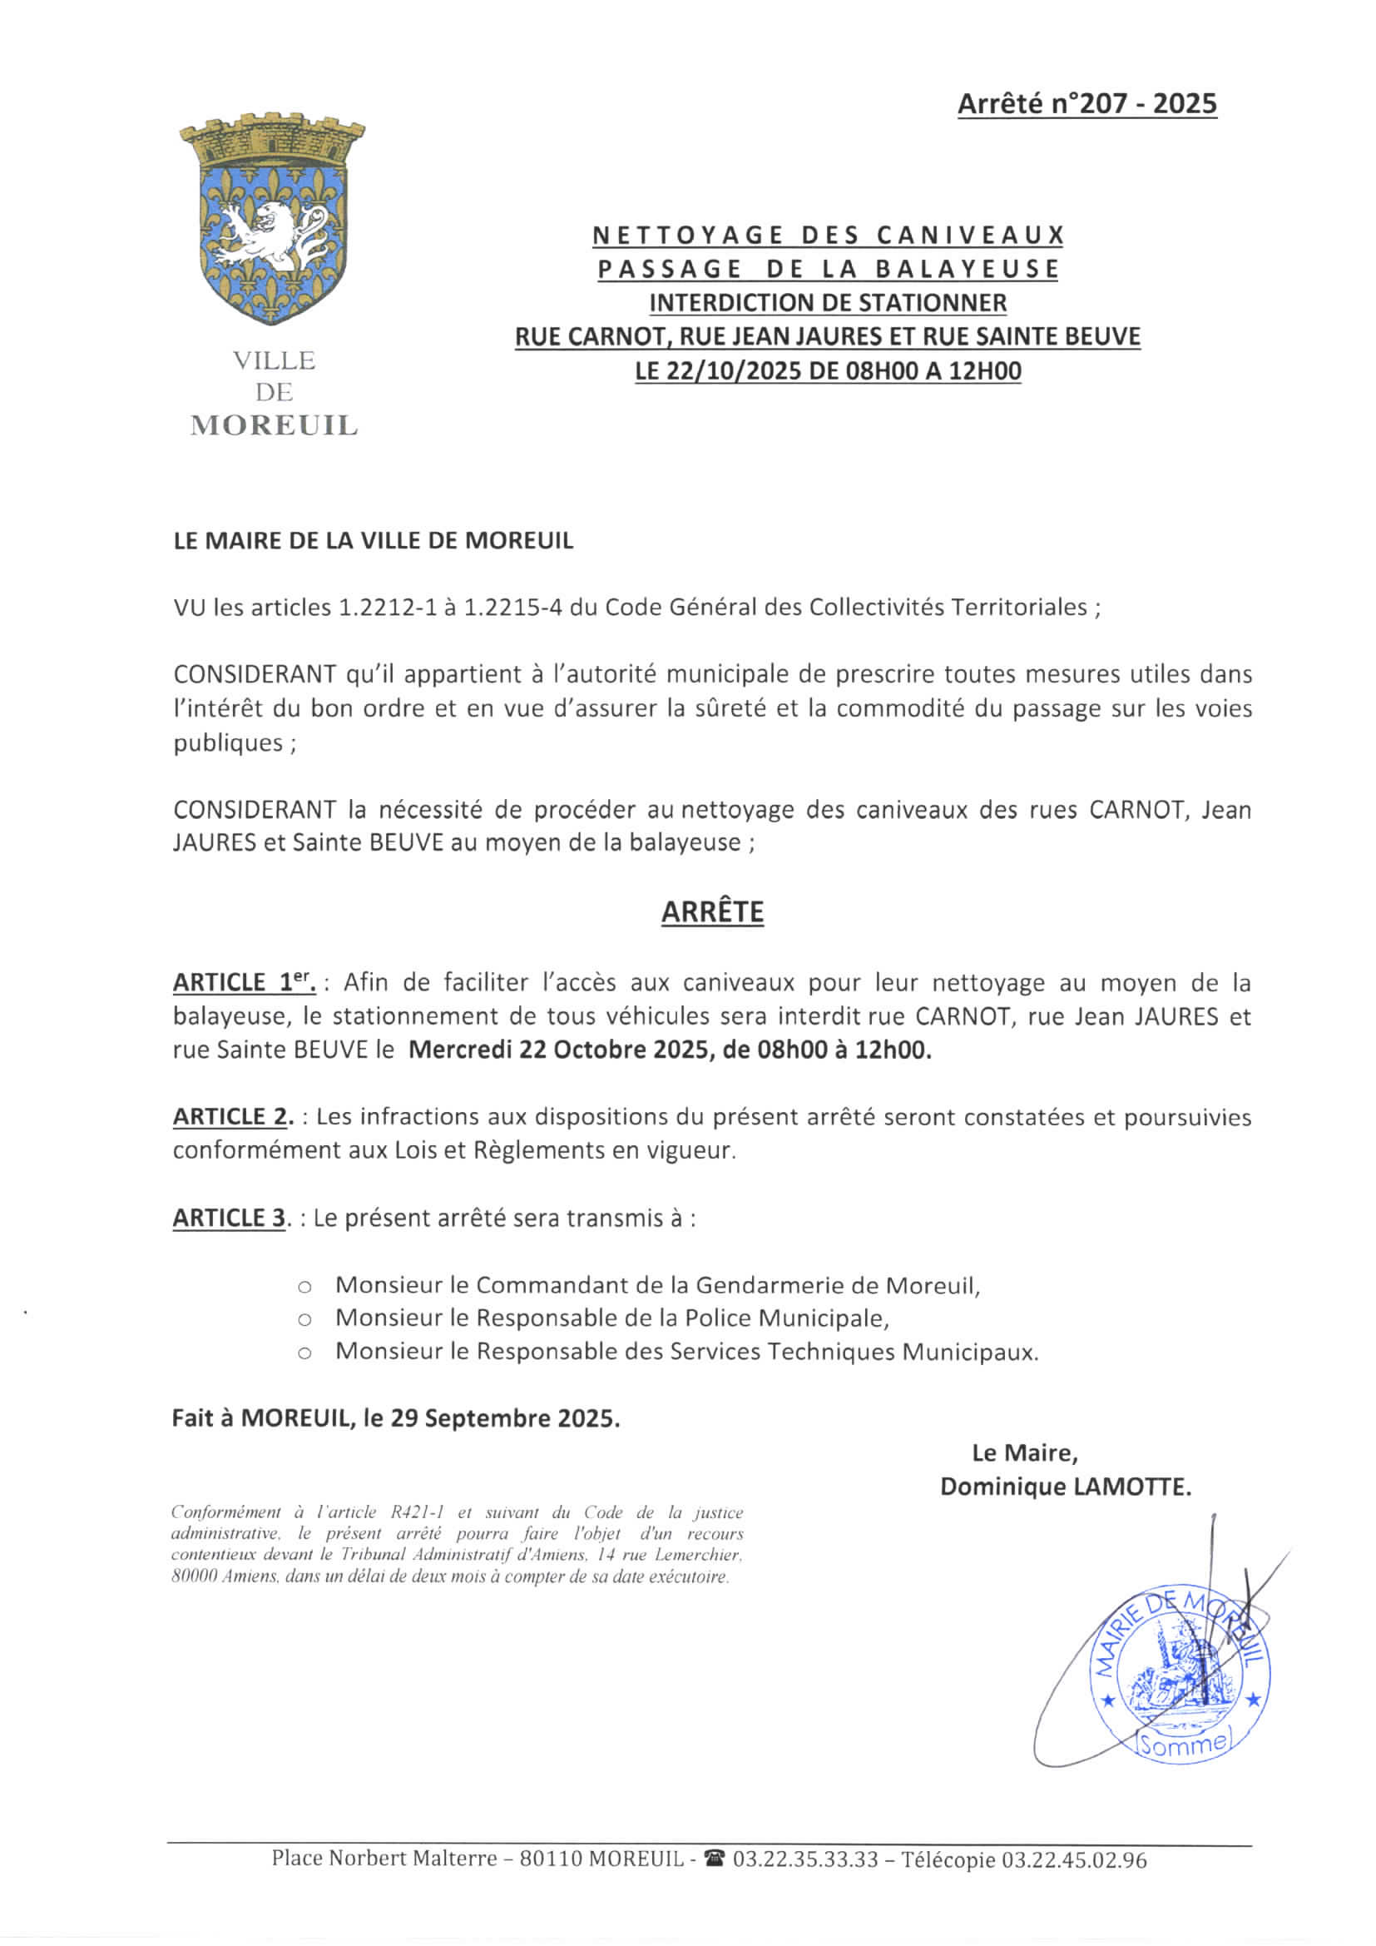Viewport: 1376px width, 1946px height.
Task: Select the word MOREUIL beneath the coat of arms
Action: click(274, 425)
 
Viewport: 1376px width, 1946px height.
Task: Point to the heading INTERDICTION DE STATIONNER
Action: click(828, 303)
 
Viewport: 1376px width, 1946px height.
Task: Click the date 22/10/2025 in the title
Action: click(730, 371)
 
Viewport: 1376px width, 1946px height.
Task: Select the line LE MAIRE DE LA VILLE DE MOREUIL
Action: click(373, 541)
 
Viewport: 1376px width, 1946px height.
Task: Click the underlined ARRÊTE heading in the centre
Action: click(712, 912)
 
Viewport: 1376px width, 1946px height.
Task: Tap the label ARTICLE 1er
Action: click(244, 982)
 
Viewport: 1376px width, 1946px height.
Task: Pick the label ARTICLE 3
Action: click(230, 1218)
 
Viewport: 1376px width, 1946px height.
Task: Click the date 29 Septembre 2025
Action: click(505, 1419)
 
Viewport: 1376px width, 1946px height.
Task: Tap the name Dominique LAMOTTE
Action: click(1065, 1487)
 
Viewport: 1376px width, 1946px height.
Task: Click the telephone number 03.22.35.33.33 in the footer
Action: click(805, 1859)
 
